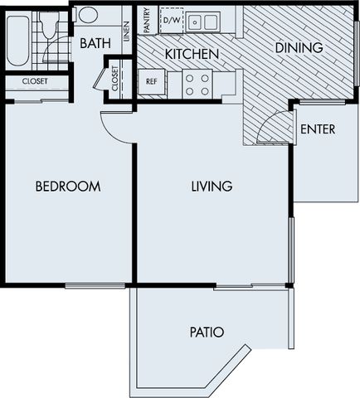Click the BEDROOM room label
click(68, 187)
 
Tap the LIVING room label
click(212, 187)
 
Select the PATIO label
click(207, 332)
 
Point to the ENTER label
click(318, 129)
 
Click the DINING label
click(299, 47)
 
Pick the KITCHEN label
click(192, 54)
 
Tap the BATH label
click(95, 43)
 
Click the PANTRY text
click(147, 20)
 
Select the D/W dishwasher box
click(171, 20)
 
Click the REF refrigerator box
click(152, 82)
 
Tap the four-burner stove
click(197, 85)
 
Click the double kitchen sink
click(203, 22)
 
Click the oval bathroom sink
click(88, 15)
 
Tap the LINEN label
click(126, 32)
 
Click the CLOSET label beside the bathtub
click(35, 81)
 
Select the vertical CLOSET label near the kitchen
click(114, 78)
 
